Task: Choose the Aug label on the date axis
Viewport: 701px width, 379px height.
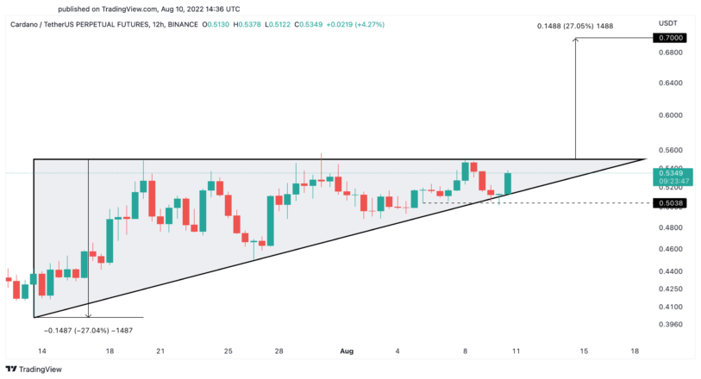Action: [347, 351]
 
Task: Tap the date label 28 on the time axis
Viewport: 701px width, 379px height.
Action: [279, 351]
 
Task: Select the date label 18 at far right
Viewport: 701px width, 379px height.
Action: [635, 351]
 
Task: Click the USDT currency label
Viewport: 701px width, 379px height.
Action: [669, 23]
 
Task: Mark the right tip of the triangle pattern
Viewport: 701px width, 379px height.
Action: [646, 159]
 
